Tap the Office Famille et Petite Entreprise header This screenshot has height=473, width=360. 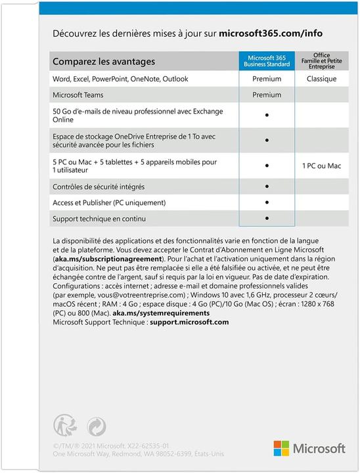tap(321, 60)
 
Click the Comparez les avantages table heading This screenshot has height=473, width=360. tap(104, 62)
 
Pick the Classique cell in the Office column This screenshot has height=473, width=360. tap(321, 79)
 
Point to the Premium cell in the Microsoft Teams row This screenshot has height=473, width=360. tap(267, 95)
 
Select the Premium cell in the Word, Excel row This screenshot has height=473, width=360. tap(267, 79)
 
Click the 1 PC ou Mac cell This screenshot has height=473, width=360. tap(321, 166)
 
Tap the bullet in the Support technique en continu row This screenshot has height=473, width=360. tap(267, 217)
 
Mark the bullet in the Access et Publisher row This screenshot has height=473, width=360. tap(267, 202)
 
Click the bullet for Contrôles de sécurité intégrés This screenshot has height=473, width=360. tap(267, 186)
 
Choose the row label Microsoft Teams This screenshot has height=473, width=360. tap(78, 95)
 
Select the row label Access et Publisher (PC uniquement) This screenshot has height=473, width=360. tap(109, 202)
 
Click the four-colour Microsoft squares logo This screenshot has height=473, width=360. tap(282, 448)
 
